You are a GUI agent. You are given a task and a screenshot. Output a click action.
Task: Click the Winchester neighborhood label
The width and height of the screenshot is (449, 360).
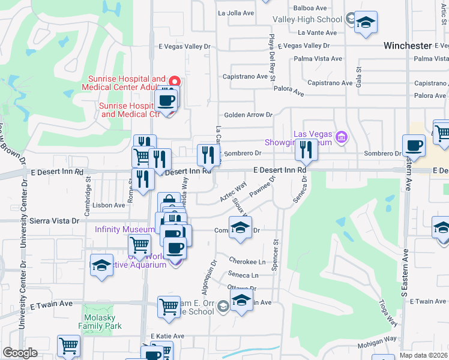(408, 46)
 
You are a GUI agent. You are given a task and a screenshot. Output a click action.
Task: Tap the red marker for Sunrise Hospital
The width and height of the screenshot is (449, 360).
(175, 81)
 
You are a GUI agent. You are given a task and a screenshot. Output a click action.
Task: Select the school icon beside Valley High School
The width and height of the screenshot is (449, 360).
(366, 23)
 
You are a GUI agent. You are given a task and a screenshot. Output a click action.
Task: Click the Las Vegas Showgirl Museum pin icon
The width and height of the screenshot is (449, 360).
(341, 137)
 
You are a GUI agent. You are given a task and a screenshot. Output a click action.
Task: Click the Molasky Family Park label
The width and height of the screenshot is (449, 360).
(100, 321)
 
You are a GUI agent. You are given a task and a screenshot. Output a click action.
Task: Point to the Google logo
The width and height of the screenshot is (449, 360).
(20, 353)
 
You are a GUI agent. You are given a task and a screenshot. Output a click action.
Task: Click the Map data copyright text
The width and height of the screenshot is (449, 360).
(424, 355)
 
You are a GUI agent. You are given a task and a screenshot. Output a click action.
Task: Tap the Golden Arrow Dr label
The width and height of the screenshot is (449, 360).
(248, 115)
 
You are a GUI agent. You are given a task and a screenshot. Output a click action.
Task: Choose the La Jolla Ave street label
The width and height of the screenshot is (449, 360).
(238, 13)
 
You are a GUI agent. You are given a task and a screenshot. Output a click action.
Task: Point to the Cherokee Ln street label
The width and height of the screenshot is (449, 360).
(247, 262)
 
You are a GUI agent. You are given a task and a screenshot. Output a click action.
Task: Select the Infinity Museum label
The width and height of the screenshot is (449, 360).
(124, 229)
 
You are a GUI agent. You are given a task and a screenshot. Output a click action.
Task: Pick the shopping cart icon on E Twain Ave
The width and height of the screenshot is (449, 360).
(169, 307)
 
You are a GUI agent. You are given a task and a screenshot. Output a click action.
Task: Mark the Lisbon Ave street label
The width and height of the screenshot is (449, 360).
(109, 205)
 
